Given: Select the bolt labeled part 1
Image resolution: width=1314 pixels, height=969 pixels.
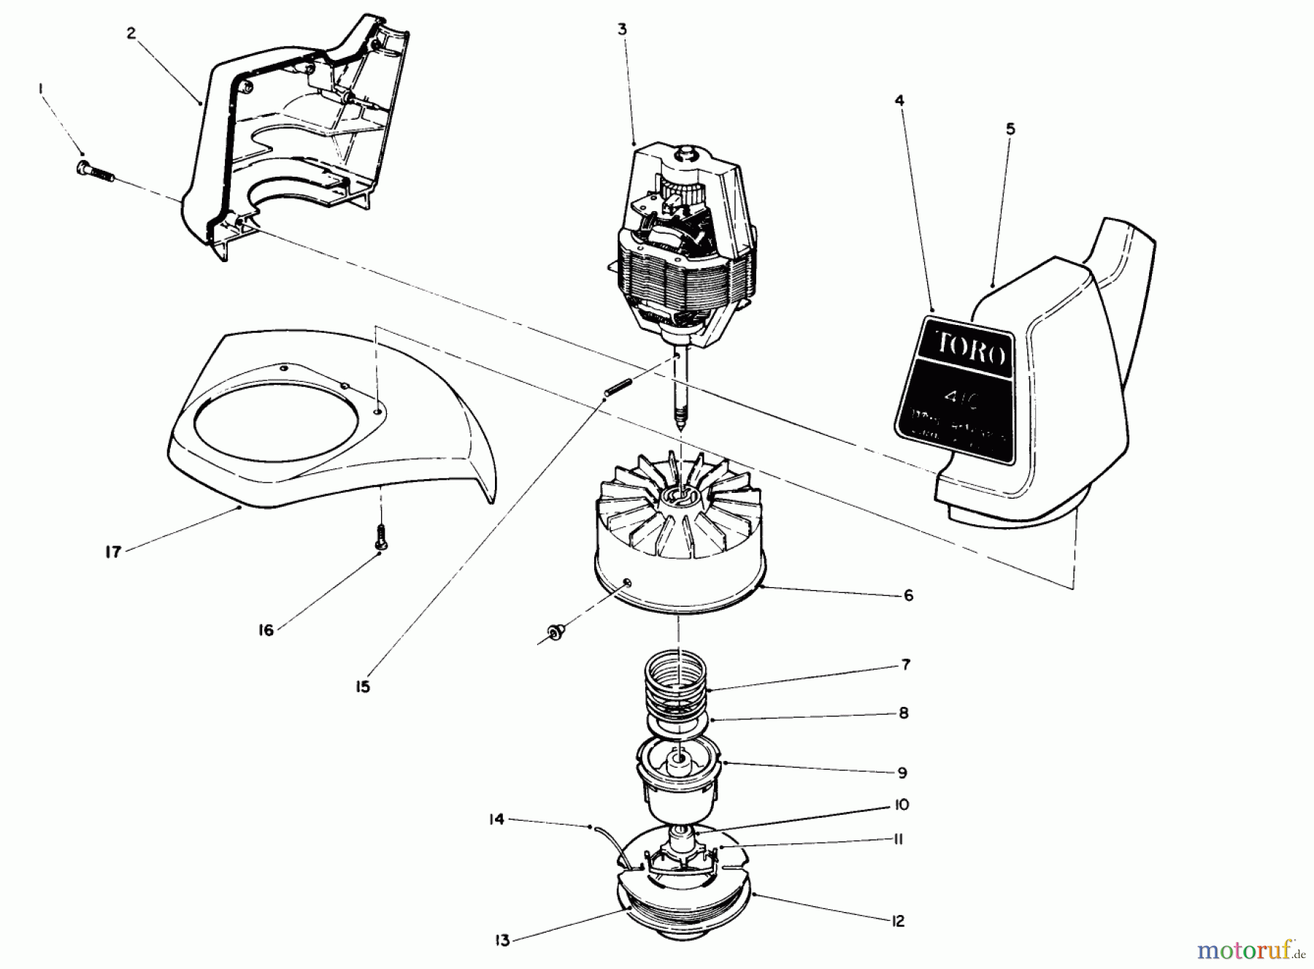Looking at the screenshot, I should [93, 172].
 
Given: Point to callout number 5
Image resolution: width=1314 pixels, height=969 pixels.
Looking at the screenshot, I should [1010, 129].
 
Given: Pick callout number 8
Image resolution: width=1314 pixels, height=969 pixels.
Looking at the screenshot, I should [904, 713].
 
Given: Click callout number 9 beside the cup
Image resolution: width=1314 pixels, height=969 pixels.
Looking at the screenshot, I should [903, 772].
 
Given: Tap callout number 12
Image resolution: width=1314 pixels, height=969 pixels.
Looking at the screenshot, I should [898, 922].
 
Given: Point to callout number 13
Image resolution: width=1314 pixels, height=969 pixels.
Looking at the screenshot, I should [502, 941].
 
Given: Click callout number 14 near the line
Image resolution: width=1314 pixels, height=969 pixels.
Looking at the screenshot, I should [496, 820].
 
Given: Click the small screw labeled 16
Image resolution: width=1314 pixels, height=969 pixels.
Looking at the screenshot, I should [380, 540].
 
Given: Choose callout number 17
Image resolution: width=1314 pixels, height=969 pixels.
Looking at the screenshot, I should [112, 552].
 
